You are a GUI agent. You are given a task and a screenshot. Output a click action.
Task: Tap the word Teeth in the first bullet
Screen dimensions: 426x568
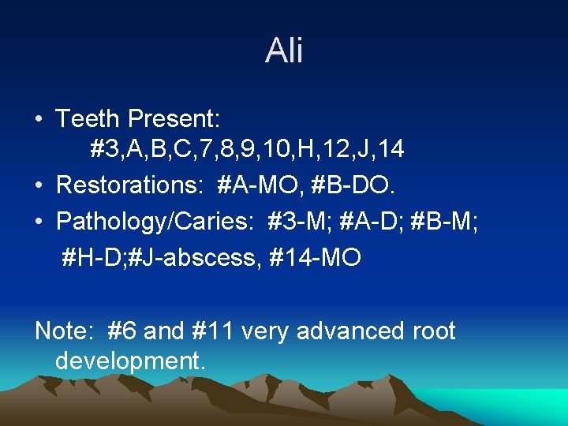point(88,119)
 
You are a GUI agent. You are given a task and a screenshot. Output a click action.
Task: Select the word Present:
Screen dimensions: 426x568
point(174,119)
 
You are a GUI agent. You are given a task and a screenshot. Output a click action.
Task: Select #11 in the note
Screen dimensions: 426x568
point(212,331)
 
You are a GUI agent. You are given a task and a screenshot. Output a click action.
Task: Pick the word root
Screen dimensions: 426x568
point(433,331)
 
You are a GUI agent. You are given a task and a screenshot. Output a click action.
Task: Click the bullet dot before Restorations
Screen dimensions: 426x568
point(39,186)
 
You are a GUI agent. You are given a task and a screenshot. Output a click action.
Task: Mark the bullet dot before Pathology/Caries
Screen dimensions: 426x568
point(39,222)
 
